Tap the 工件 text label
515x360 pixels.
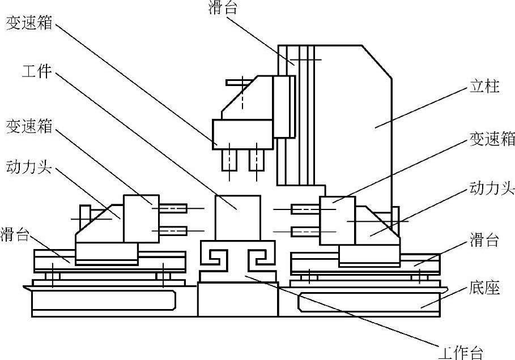coord(37,72)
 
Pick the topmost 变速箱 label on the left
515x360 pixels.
coord(29,23)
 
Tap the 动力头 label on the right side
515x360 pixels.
coord(492,188)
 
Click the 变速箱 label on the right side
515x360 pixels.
coord(492,139)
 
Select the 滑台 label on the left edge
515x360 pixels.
coord(15,234)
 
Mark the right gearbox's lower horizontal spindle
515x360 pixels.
coord(305,231)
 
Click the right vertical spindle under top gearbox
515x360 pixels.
coord(257,159)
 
